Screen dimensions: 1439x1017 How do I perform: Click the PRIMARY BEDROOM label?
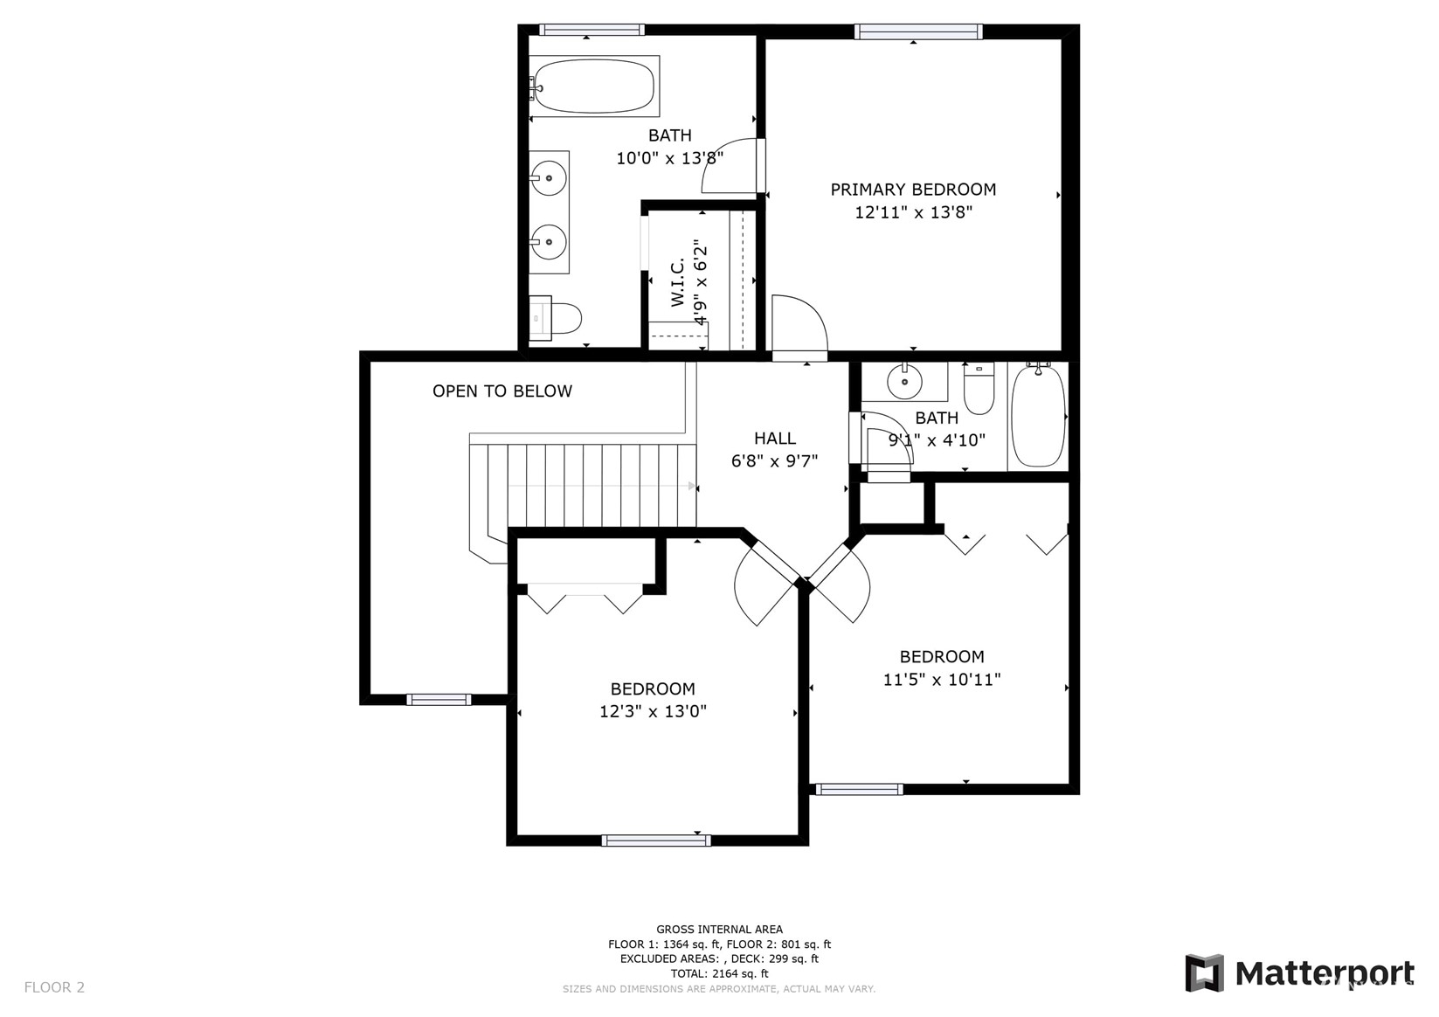[913, 190]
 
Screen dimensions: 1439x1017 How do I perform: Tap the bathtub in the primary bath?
[594, 86]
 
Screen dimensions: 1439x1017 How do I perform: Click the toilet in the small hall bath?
[979, 387]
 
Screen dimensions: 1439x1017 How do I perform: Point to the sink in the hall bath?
[904, 381]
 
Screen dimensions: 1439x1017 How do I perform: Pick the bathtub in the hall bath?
[1038, 415]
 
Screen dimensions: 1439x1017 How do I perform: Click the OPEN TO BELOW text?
[502, 391]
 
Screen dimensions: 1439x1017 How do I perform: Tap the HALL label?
[775, 439]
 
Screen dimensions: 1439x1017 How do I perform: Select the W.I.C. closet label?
[678, 282]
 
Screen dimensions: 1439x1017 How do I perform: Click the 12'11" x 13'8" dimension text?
[913, 212]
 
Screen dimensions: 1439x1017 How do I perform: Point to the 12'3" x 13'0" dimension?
[653, 711]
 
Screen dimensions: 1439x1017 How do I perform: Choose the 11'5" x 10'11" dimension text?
[942, 679]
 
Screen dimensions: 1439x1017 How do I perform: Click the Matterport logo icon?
[1205, 972]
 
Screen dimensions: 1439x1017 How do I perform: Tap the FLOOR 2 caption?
[54, 987]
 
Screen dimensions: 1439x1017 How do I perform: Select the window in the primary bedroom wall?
[918, 31]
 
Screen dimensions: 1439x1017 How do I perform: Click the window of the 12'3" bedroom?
[656, 841]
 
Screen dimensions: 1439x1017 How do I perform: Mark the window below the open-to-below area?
[439, 700]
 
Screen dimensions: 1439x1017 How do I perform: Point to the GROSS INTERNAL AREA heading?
[720, 929]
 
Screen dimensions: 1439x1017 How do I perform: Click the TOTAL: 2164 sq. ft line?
[720, 973]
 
